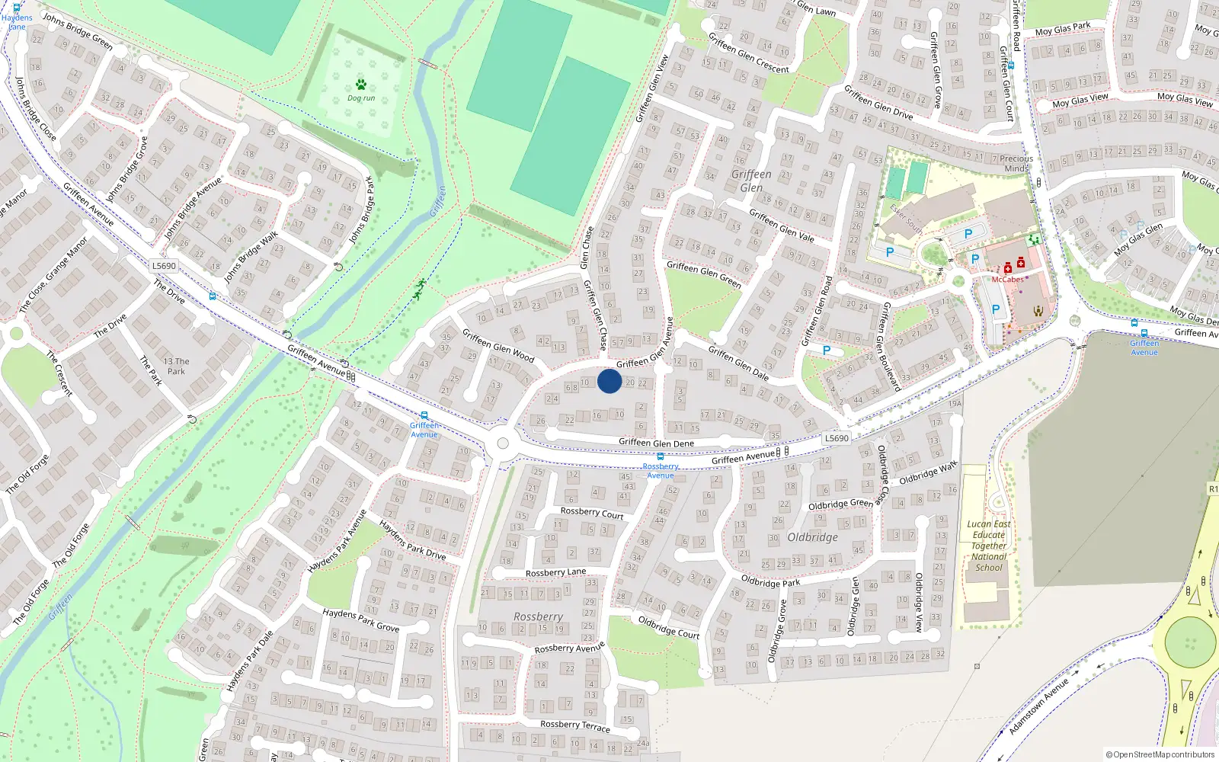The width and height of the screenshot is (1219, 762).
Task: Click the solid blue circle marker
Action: pos(609,381)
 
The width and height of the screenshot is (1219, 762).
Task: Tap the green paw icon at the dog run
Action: pos(360,85)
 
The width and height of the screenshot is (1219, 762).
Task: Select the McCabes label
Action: pos(1007,280)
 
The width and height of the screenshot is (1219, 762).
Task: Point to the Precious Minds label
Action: pos(1016,164)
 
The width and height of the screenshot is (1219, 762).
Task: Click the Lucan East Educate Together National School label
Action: pos(989,546)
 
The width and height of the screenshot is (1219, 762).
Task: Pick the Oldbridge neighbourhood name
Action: pos(812,537)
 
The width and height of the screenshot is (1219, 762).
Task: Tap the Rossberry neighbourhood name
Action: pos(538,616)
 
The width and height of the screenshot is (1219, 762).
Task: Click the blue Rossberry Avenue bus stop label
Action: pos(661,471)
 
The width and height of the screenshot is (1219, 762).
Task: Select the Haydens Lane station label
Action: pos(17,22)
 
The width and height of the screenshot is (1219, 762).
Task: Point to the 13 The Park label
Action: pos(176,367)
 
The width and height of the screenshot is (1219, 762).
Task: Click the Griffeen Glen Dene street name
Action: pos(656,443)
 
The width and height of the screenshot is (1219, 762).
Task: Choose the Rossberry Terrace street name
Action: pos(574,725)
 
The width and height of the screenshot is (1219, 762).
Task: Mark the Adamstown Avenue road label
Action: pos(1038,707)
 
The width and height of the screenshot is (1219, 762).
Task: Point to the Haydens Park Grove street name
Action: pos(360,620)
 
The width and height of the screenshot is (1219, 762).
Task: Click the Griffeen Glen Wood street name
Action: pos(498,345)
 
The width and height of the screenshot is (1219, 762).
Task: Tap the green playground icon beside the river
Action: pos(419,290)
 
